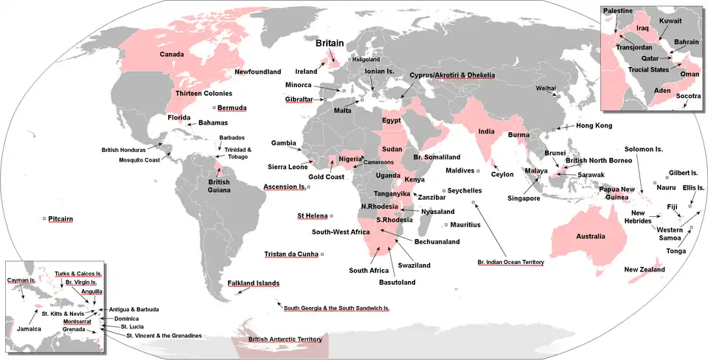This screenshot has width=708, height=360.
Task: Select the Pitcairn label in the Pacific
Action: click(60, 219)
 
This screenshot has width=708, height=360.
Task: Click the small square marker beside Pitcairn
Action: click(44, 219)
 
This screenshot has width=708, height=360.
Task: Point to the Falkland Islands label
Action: click(253, 283)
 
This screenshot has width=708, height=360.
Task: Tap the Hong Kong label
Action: click(593, 126)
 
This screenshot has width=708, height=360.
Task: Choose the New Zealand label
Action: click(644, 270)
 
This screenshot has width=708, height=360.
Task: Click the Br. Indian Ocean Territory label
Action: click(510, 262)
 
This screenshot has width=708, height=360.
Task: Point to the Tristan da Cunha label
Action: click(291, 255)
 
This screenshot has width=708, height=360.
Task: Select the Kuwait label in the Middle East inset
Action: click(670, 21)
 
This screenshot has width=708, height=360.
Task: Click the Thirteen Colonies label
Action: click(204, 94)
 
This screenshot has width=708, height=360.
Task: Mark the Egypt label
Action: click(391, 120)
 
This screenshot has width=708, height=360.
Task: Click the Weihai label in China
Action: click(545, 88)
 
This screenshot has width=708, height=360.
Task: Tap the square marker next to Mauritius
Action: click(446, 224)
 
